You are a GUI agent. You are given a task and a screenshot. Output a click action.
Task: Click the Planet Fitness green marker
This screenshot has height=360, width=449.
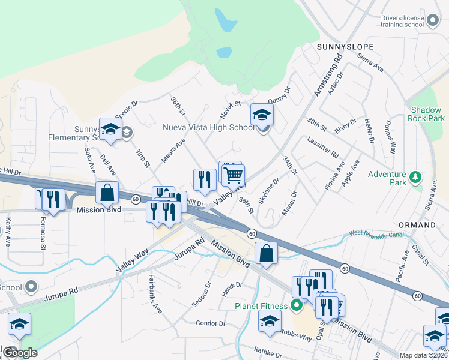point(295,306)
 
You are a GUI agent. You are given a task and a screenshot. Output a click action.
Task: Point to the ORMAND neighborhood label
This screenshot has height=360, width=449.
point(417,225)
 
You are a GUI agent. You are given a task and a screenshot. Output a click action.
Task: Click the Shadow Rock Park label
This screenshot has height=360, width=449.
point(428,114)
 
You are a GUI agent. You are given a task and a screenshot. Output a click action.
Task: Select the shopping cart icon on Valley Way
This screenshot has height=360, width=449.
point(234,175)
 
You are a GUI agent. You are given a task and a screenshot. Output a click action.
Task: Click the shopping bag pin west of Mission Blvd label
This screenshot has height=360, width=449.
point(107,193)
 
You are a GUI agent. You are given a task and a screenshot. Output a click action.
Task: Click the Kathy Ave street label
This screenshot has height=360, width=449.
point(8,232)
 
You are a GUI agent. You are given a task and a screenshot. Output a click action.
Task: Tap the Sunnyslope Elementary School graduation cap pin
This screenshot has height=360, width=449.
point(110,129)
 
